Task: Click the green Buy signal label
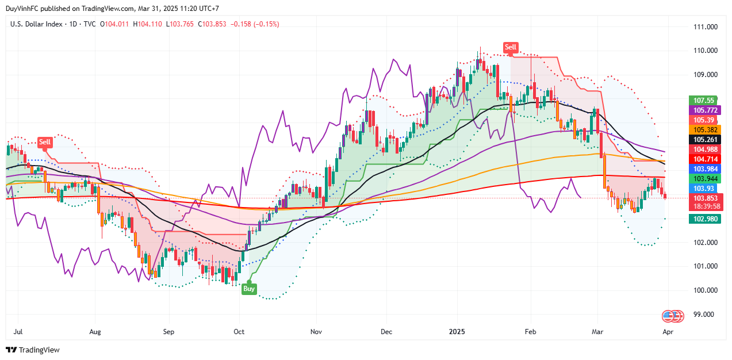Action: click(x=248, y=289)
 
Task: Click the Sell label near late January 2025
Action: click(x=510, y=47)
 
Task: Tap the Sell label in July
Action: click(x=44, y=142)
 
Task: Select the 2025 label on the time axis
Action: click(x=457, y=332)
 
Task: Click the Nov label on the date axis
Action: click(x=315, y=332)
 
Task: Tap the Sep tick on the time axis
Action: click(x=168, y=332)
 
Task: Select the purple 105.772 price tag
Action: click(x=704, y=110)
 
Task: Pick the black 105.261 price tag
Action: click(x=704, y=139)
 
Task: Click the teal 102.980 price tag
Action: click(x=704, y=219)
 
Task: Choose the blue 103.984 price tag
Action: click(x=704, y=168)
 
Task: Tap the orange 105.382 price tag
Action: click(x=704, y=129)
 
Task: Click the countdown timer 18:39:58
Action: click(x=704, y=206)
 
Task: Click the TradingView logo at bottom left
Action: click(x=33, y=350)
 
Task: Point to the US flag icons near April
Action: click(x=672, y=316)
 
